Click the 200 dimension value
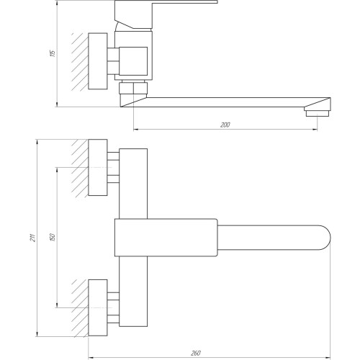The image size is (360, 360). click(x=225, y=125)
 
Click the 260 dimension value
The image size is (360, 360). click(x=196, y=354)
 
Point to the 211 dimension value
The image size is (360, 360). click(x=33, y=238)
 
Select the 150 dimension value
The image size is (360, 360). click(x=53, y=237)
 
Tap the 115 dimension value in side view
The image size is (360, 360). click(x=53, y=53)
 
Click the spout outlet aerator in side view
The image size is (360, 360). click(x=318, y=113)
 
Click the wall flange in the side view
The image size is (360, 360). click(x=98, y=61)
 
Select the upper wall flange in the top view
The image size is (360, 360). click(x=98, y=168)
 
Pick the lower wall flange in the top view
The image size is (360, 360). click(x=98, y=307)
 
